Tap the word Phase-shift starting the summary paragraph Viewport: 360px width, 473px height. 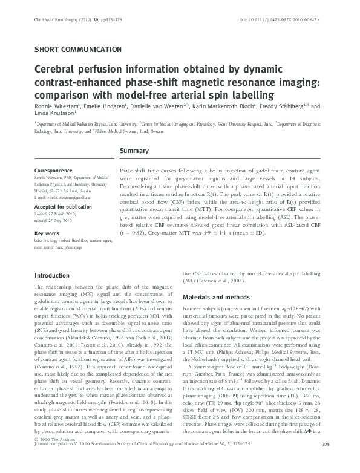134,172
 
